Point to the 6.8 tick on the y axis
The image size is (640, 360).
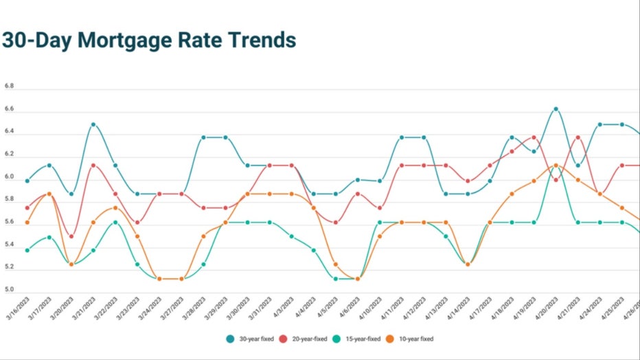(x=9, y=87)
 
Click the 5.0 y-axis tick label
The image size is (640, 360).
(x=9, y=290)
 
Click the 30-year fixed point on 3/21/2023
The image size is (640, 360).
(x=93, y=124)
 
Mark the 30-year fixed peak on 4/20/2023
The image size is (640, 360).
(x=556, y=109)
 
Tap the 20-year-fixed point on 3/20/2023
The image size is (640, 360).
(x=71, y=236)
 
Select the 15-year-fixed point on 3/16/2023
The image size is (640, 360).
(x=27, y=250)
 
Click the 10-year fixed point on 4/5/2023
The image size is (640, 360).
(x=336, y=265)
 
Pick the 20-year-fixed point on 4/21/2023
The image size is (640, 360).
(x=578, y=137)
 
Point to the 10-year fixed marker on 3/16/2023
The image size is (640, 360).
(x=27, y=222)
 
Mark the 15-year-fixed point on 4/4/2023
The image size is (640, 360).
(x=314, y=250)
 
